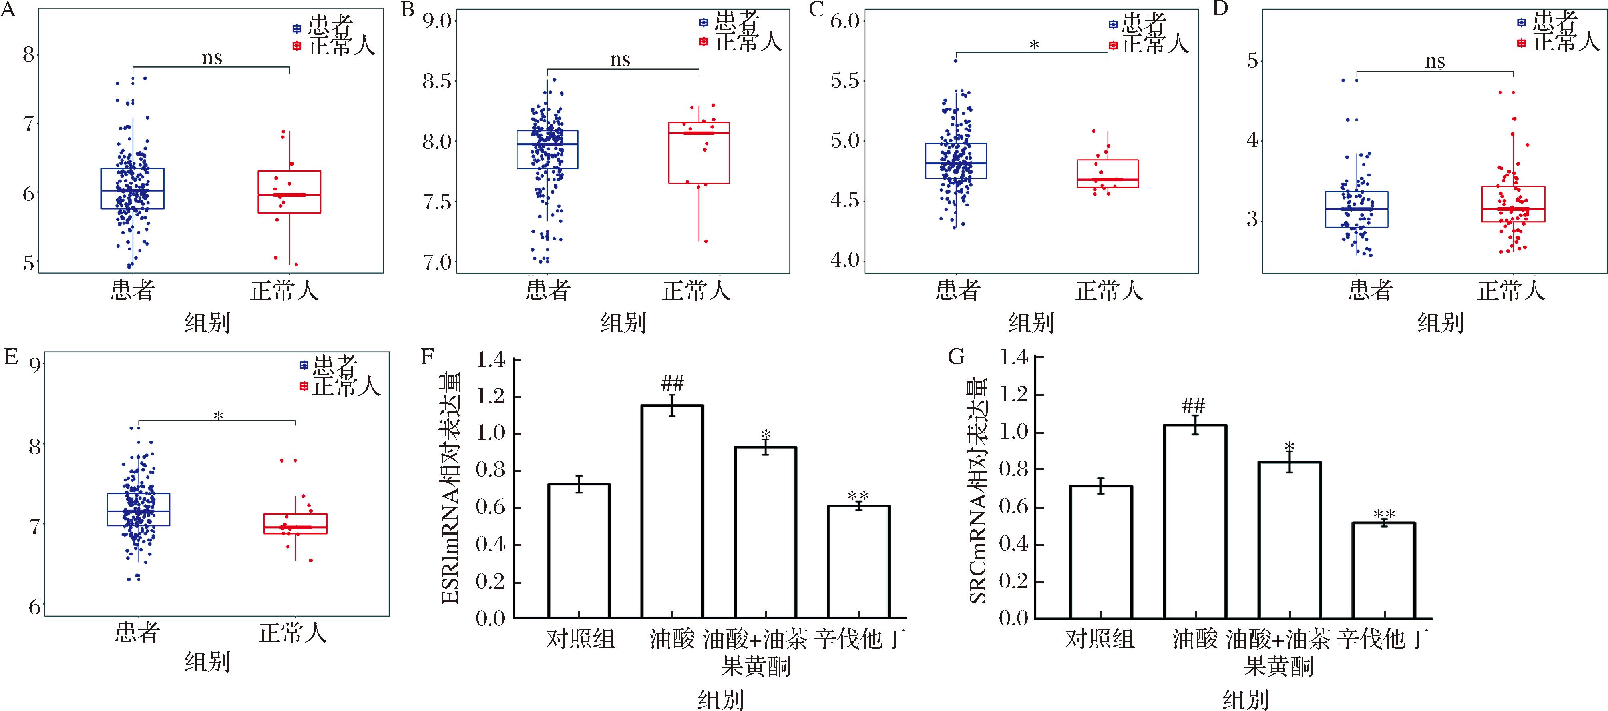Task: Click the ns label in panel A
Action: (212, 58)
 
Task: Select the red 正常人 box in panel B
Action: (699, 153)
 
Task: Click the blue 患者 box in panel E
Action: (139, 509)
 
